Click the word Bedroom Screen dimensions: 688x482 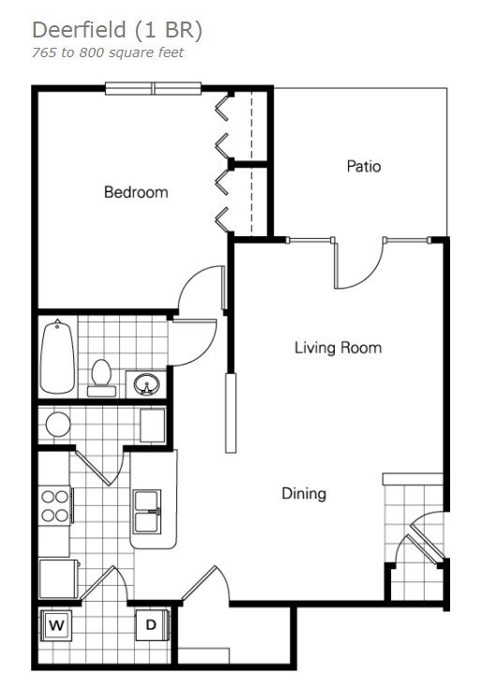click(x=136, y=192)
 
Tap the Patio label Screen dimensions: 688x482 click(x=364, y=167)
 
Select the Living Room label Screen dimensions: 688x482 click(x=338, y=348)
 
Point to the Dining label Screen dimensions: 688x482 click(x=304, y=493)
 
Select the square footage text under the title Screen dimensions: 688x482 click(x=109, y=52)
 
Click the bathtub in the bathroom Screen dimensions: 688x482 click(x=57, y=357)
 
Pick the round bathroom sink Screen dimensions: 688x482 click(x=146, y=382)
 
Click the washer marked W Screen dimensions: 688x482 click(x=55, y=625)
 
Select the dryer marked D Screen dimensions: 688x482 click(x=150, y=625)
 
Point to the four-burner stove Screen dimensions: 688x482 click(x=54, y=505)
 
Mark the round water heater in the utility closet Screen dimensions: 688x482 click(x=58, y=424)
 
